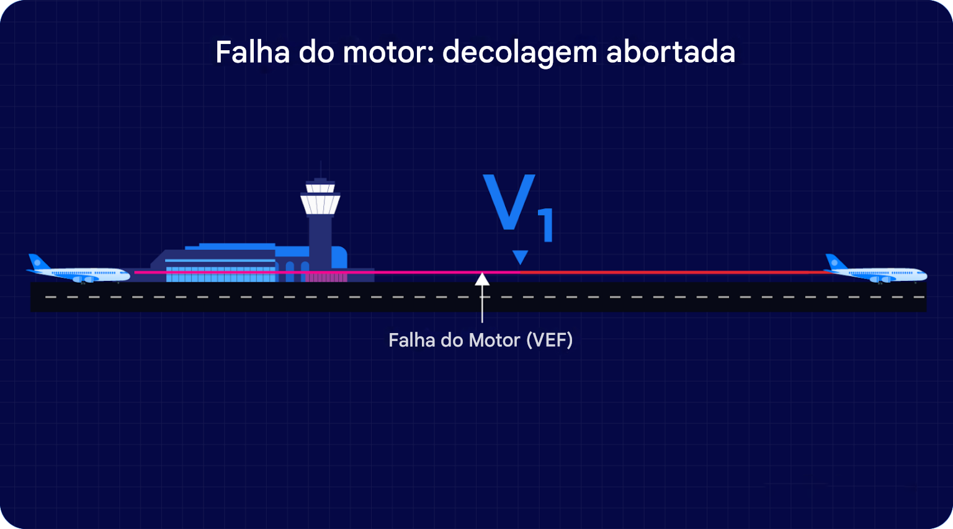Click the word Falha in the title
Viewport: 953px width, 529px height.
(252, 52)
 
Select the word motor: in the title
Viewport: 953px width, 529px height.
(388, 52)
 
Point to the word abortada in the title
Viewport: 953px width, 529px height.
(670, 52)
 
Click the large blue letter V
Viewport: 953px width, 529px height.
(509, 202)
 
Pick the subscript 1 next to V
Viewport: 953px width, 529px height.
(546, 226)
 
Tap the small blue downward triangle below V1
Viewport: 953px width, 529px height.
(520, 257)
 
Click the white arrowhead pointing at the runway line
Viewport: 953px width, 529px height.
(482, 279)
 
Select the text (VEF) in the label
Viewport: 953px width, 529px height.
(549, 340)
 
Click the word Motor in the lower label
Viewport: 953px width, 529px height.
(494, 340)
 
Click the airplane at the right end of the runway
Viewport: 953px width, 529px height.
(875, 271)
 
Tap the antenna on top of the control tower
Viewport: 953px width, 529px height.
(320, 169)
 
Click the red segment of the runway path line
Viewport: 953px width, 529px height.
(670, 272)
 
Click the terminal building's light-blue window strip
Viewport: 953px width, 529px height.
(220, 275)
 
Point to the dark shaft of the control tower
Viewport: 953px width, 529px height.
(320, 242)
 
